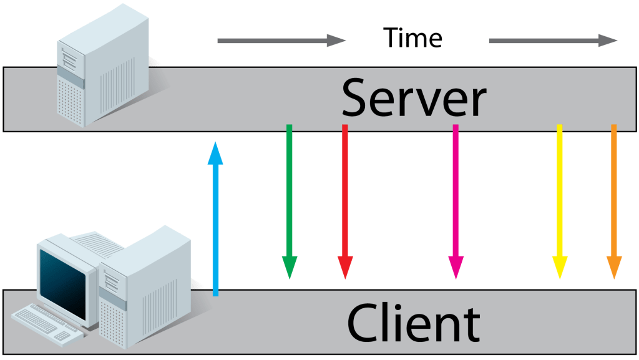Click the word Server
[x=413, y=99]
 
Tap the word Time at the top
[x=412, y=38]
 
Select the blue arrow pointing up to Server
[x=215, y=218]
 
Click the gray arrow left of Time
[x=281, y=41]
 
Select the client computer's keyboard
[x=46, y=322]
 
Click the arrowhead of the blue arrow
[x=215, y=153]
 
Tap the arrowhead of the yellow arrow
[x=560, y=266]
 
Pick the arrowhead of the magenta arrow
[x=456, y=266]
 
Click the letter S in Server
[x=358, y=99]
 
